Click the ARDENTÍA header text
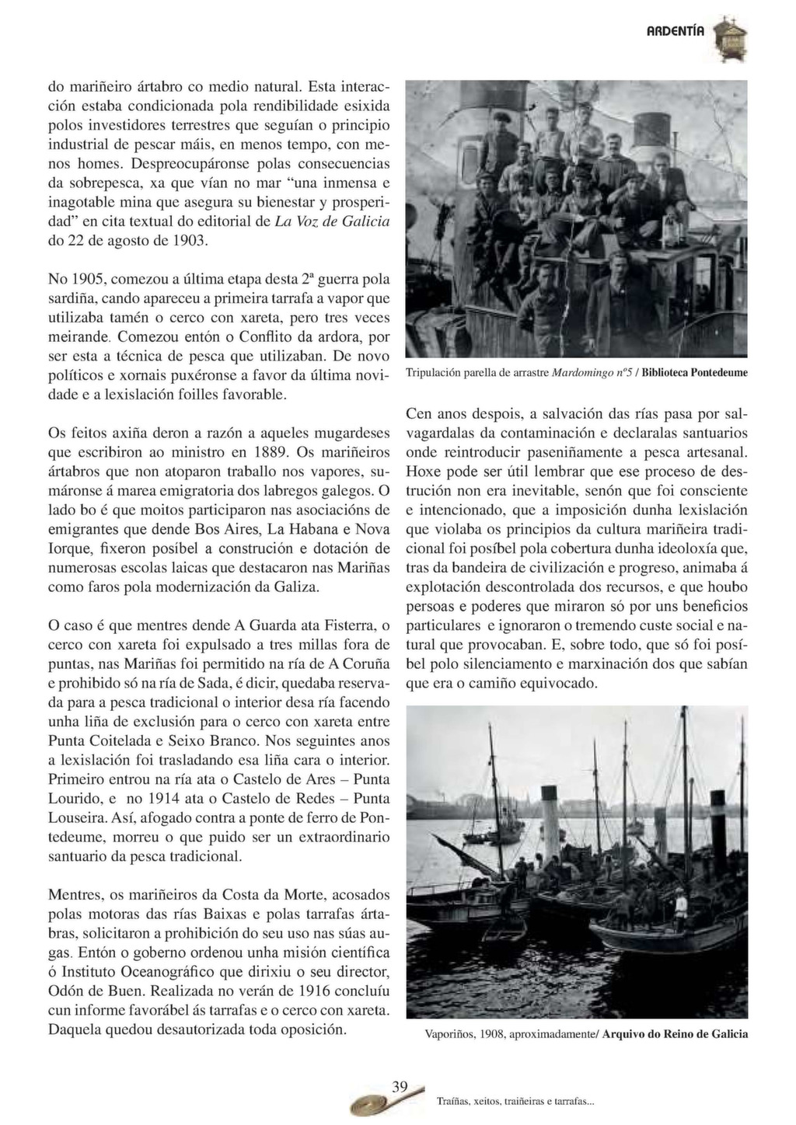pyautogui.click(x=676, y=32)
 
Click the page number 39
pyautogui.click(x=400, y=1087)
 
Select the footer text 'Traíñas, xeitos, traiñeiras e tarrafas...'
pyautogui.click(x=515, y=1101)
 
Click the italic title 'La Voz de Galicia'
pyautogui.click(x=333, y=221)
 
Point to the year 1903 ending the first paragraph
pyautogui.click(x=189, y=240)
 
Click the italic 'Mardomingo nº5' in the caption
pyautogui.click(x=591, y=372)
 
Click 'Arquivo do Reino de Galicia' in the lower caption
pyautogui.click(x=675, y=1034)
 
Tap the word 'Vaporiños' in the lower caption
pyautogui.click(x=451, y=1034)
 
